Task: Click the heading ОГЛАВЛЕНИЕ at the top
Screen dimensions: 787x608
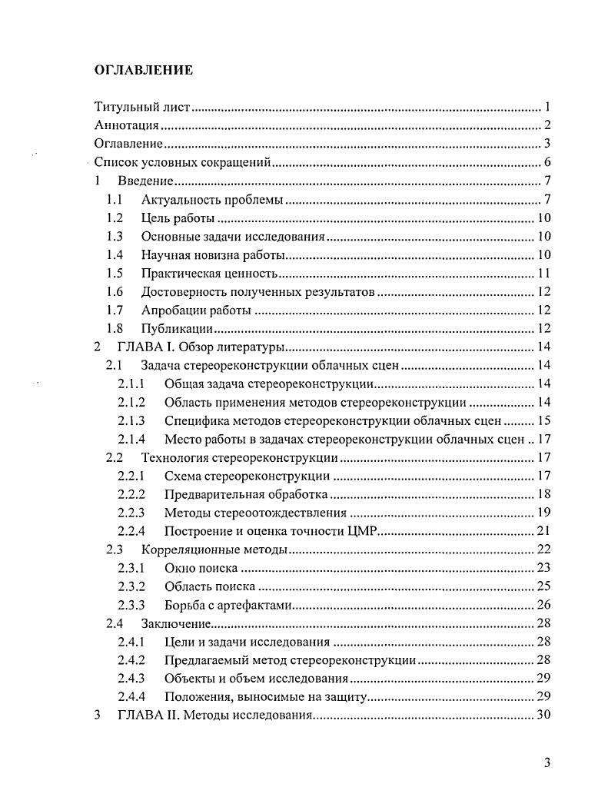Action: pos(143,71)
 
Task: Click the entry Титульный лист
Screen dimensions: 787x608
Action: pos(141,108)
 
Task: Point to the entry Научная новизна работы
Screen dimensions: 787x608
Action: pos(213,255)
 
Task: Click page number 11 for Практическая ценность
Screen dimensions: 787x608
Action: pos(543,274)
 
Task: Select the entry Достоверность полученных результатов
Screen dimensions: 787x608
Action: pos(257,292)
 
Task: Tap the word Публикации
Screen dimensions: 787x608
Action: pos(177,329)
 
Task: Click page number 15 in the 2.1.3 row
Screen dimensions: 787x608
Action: pos(543,421)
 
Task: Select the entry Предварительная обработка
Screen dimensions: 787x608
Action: pos(246,494)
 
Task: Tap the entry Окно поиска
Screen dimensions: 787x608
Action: pos(200,568)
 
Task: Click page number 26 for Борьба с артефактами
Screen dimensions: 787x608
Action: pos(543,605)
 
